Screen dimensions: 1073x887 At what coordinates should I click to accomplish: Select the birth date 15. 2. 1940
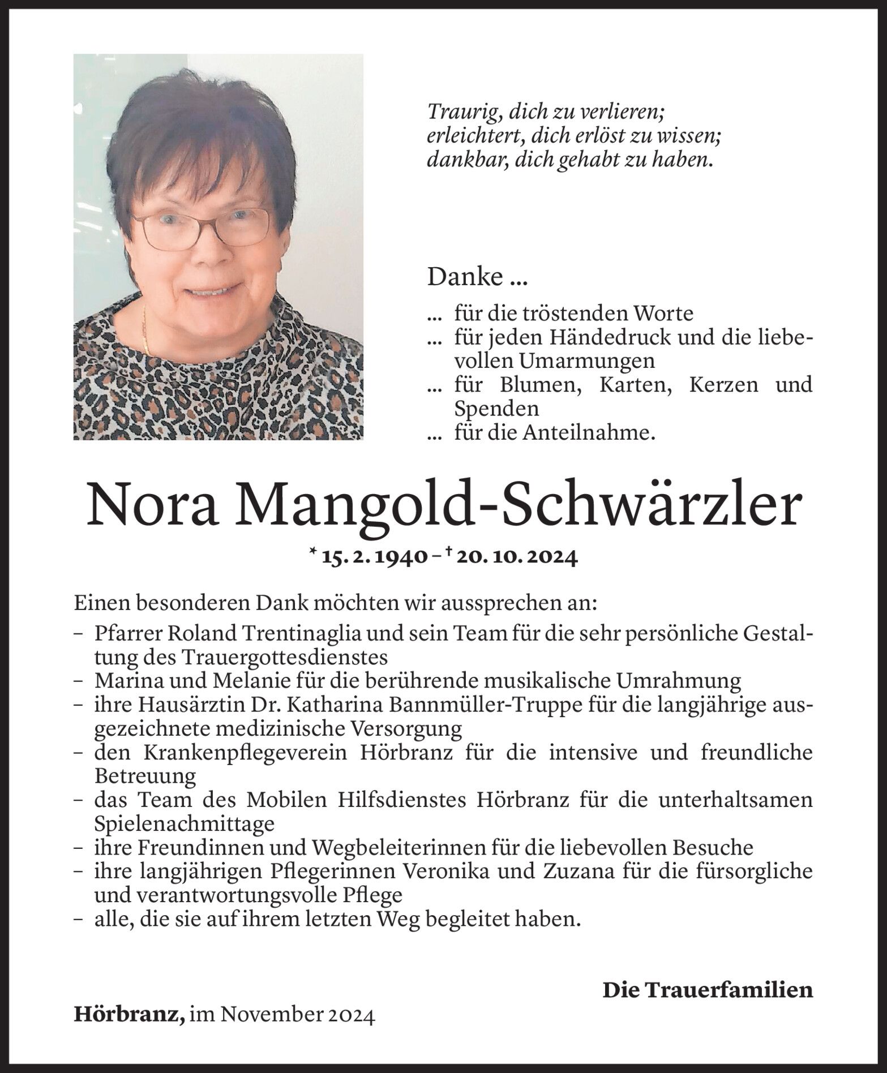click(374, 558)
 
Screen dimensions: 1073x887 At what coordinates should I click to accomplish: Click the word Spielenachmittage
click(184, 823)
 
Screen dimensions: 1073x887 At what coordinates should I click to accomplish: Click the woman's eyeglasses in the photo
click(200, 228)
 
